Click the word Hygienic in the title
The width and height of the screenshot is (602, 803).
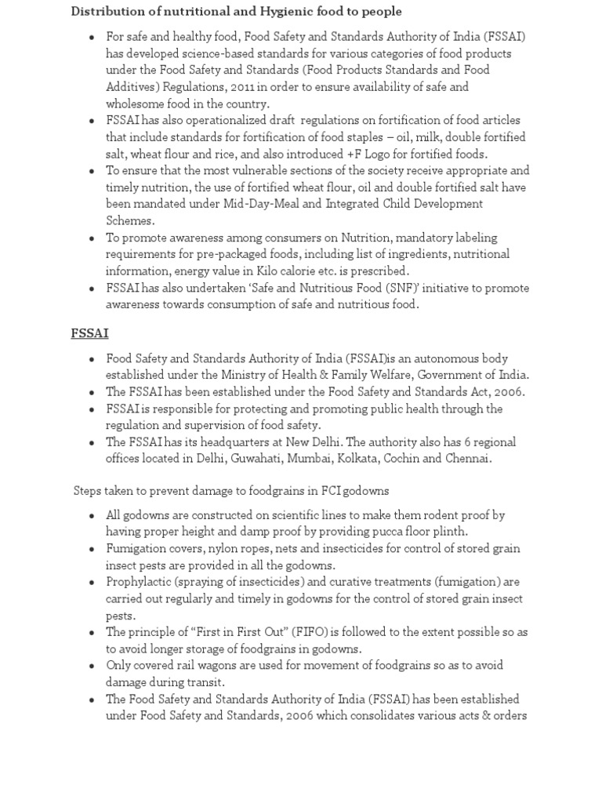[x=255, y=11]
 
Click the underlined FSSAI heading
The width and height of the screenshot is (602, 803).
[x=89, y=333]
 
